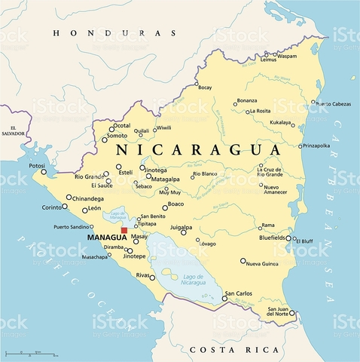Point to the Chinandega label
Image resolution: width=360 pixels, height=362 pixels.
pos(89,198)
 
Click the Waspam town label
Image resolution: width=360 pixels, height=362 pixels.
pos(285,56)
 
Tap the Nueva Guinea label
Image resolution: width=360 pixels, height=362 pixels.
pos(264,263)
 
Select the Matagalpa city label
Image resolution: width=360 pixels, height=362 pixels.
pos(165,179)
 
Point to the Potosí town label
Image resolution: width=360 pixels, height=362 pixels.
pos(37,165)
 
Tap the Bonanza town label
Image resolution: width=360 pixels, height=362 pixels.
pos(246,100)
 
